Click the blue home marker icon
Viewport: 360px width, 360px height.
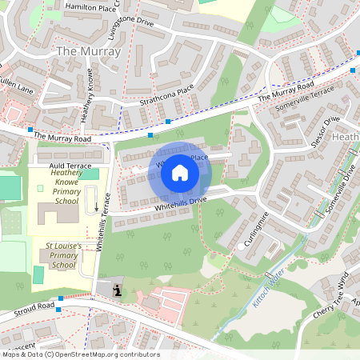click(180, 173)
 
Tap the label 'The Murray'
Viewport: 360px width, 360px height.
click(89, 52)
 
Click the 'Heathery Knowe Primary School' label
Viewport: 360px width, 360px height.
click(66, 186)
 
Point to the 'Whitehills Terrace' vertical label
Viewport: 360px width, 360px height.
click(102, 226)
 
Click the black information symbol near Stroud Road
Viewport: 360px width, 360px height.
click(118, 291)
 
